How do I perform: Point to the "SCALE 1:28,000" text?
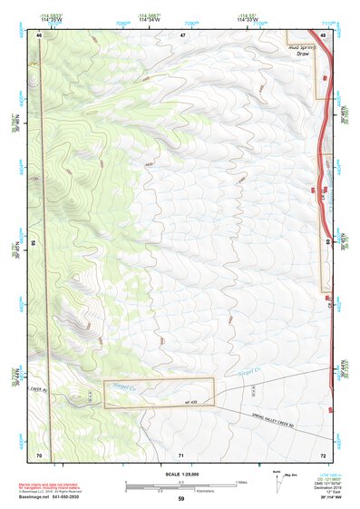coord(179,473)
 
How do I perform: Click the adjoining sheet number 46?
coord(39,34)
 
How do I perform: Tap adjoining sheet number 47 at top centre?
coord(182,34)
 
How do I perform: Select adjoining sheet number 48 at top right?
coord(323,34)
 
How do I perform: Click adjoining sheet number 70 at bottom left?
coord(39,453)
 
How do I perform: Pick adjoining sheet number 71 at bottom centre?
coord(182,453)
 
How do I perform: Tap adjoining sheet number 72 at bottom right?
coord(323,453)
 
